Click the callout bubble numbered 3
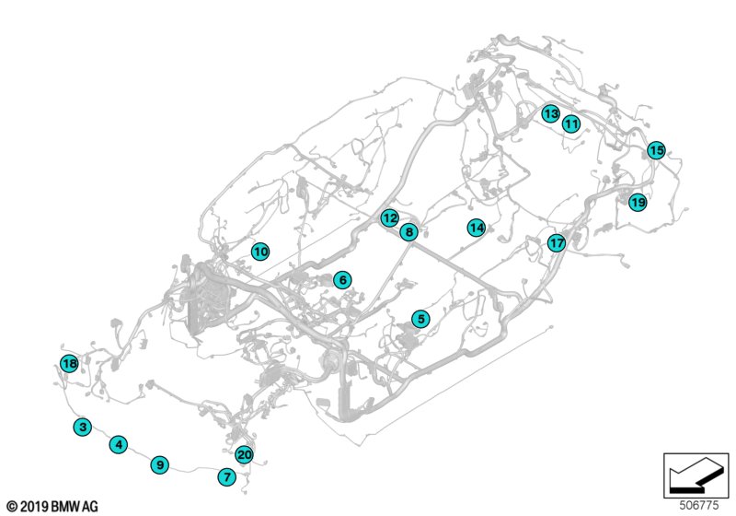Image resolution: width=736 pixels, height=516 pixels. click(x=83, y=427)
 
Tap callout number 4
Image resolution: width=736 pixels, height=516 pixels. click(x=119, y=444)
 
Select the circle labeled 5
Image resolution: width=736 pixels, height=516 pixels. click(x=420, y=319)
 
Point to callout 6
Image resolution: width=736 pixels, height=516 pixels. click(x=342, y=280)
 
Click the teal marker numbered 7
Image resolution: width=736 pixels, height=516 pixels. click(x=227, y=477)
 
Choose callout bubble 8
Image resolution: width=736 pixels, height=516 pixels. click(x=408, y=231)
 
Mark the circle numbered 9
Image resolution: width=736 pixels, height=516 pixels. click(x=159, y=464)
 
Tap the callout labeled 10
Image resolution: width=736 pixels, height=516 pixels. click(x=260, y=252)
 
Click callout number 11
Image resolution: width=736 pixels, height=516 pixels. click(x=571, y=124)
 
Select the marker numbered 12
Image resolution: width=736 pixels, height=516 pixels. click(x=389, y=218)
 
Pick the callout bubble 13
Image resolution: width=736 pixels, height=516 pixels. click(x=550, y=113)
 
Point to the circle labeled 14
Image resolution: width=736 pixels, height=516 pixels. click(x=477, y=228)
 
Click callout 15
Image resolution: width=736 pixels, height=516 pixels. click(x=656, y=150)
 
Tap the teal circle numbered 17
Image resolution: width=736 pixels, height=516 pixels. click(x=557, y=243)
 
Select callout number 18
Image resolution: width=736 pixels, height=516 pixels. click(x=70, y=363)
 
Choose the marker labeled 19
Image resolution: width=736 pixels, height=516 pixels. click(x=638, y=203)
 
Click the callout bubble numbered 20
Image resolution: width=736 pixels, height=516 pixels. click(x=244, y=454)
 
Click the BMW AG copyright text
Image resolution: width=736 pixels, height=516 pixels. click(x=52, y=507)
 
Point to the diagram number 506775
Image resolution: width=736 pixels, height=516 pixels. click(x=699, y=505)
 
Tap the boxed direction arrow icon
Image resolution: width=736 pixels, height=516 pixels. click(x=696, y=475)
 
